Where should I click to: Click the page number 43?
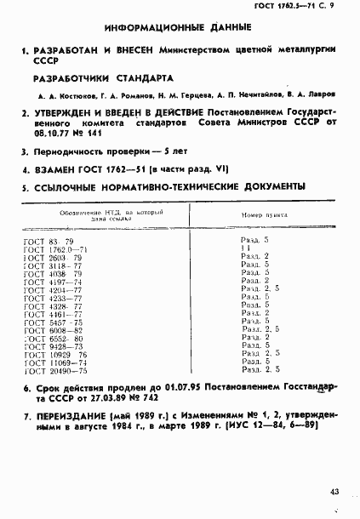click(x=337, y=492)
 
